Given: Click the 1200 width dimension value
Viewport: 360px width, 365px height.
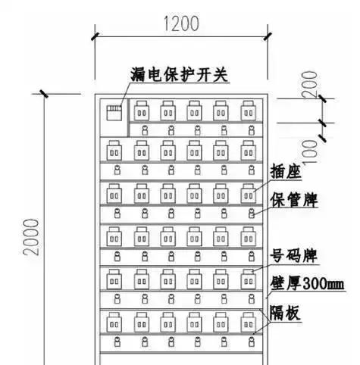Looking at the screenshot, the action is (181, 23).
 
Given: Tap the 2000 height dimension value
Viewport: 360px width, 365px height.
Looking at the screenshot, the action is (31, 237).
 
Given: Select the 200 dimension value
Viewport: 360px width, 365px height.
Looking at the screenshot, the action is (310, 84).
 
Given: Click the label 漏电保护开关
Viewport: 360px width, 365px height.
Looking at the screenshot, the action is (179, 74).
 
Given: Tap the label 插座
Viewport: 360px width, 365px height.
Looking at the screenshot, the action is (286, 172).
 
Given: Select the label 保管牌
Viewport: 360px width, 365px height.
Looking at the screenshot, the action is (294, 200).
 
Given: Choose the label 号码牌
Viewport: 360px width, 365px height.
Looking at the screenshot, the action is (294, 256).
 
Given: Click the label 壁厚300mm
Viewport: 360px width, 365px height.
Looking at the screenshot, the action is (307, 283).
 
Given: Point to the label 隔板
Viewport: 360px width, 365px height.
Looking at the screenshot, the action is (285, 313).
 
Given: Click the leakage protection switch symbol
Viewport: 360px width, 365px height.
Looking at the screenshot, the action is (114, 113).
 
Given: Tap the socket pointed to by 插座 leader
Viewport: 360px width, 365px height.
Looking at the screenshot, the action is (248, 194).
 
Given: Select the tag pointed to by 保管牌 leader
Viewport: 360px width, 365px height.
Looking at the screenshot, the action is (251, 214).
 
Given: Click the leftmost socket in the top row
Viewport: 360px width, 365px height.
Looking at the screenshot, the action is (142, 111).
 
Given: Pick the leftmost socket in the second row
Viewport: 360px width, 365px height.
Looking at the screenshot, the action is (114, 151).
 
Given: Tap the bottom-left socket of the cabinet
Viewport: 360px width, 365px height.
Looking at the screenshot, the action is (114, 323).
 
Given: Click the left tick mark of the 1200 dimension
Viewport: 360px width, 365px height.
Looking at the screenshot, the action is (95, 36).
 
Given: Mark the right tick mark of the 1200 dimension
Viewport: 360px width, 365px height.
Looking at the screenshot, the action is (268, 36).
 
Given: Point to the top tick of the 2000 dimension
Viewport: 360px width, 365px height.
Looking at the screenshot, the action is (44, 94).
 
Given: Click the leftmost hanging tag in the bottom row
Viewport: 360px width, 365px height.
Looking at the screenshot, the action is (117, 342).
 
